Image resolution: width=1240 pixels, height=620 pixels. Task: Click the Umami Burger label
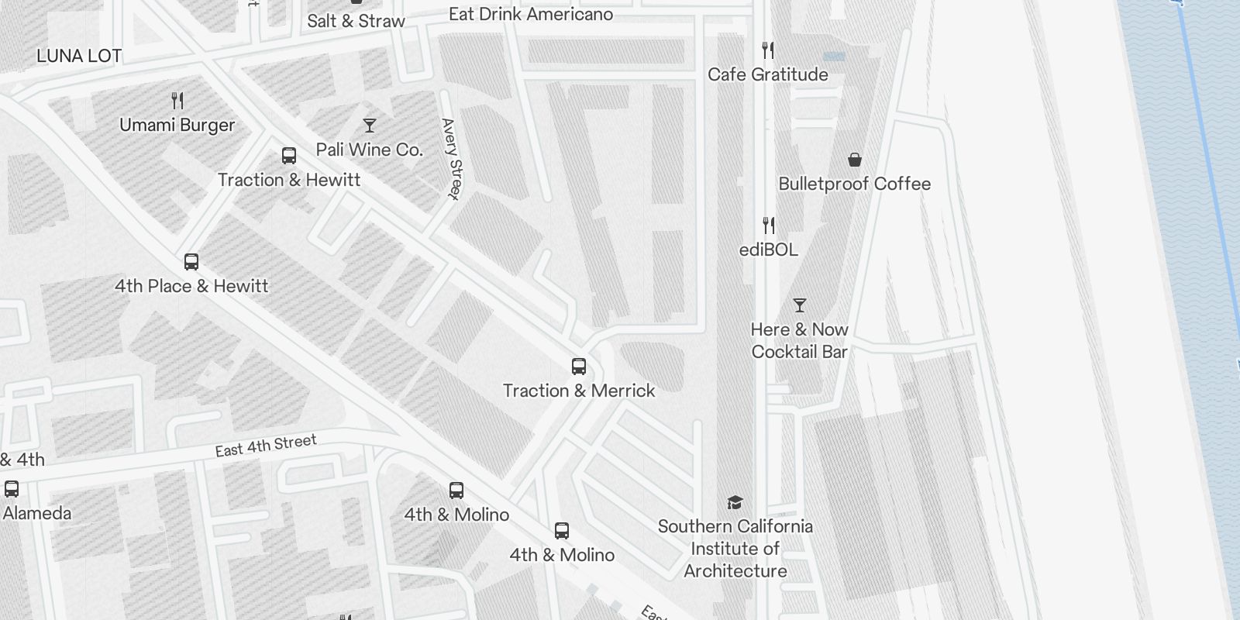177,125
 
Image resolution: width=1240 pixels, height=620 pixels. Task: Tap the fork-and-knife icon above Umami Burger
177,100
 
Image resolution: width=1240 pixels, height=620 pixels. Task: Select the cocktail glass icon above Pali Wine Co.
370,125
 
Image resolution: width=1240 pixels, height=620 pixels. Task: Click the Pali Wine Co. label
370,150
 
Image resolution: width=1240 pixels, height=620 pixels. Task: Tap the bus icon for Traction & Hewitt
289,156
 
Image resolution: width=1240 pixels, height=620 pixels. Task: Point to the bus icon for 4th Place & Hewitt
191,262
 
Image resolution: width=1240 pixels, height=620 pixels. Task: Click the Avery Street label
451,159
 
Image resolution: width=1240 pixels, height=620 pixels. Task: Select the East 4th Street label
266,446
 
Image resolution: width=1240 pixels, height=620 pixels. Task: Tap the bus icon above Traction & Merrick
579,367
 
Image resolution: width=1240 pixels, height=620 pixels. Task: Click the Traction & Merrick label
579,391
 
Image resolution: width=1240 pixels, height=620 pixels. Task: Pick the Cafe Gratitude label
767,74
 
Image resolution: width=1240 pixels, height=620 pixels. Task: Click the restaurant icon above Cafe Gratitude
768,50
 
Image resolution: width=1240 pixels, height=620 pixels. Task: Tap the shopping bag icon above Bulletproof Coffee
854,160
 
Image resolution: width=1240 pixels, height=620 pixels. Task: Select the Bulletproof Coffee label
854,184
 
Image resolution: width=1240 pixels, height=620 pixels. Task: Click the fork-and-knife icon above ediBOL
768,226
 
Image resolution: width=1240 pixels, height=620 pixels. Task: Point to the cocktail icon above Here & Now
800,305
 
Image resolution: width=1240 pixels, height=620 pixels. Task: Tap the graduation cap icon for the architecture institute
735,503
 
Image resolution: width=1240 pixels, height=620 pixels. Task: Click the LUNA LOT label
79,56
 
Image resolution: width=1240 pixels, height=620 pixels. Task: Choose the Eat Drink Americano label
531,14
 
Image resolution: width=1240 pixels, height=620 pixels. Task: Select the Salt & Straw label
356,21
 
